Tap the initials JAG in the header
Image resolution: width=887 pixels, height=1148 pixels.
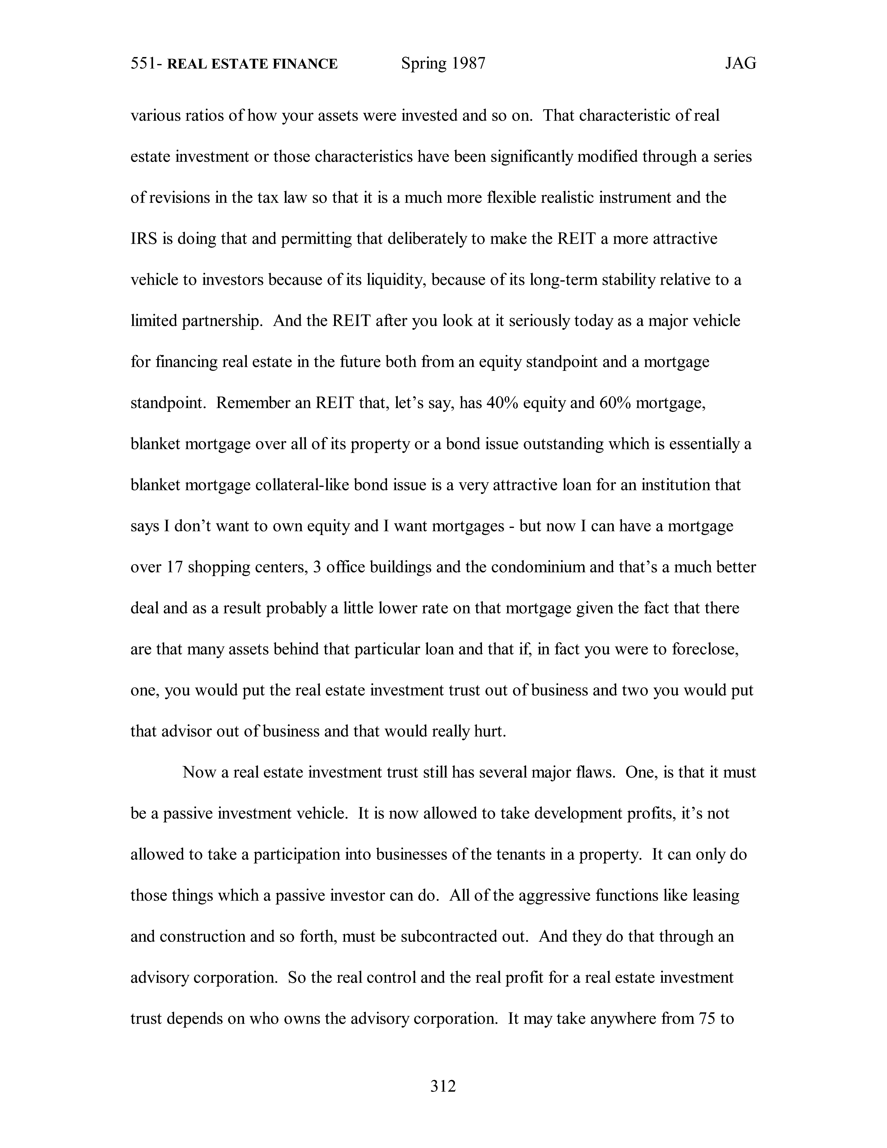[740, 64]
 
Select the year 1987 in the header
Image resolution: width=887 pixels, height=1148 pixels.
[467, 64]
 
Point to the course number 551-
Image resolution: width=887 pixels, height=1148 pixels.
[146, 64]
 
